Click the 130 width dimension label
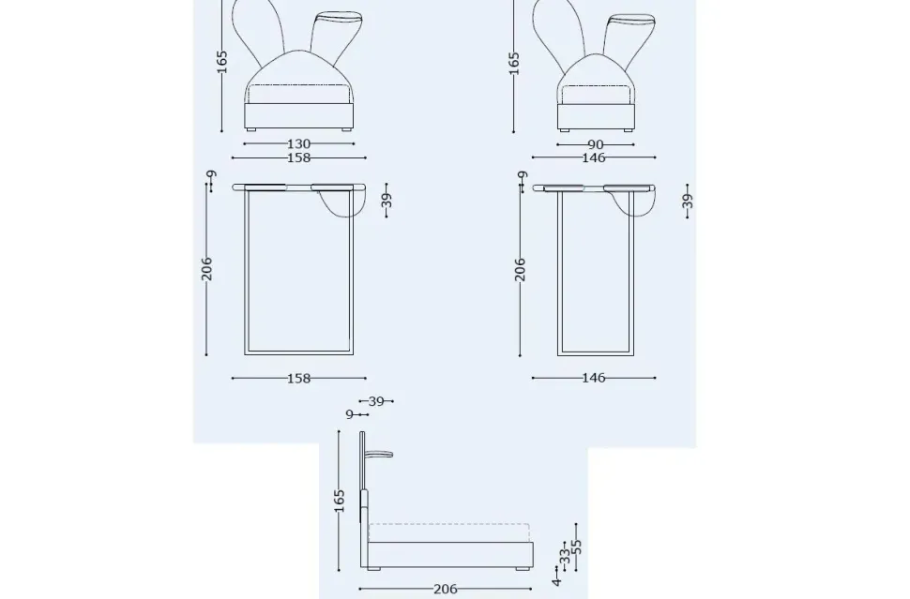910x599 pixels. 298,144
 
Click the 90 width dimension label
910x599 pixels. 595,144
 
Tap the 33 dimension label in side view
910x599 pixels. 565,556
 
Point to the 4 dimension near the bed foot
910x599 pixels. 556,582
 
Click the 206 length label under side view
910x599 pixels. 446,590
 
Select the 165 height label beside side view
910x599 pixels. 341,501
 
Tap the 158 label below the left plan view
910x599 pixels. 298,379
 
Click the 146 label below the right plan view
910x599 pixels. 594,379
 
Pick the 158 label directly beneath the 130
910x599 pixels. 298,158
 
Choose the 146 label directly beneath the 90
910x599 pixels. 594,158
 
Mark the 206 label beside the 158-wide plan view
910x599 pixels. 207,268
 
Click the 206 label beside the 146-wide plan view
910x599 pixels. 521,269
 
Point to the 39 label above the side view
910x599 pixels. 376,401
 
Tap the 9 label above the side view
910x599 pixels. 350,413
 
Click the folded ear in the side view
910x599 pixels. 380,457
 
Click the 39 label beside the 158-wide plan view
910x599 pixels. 387,200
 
